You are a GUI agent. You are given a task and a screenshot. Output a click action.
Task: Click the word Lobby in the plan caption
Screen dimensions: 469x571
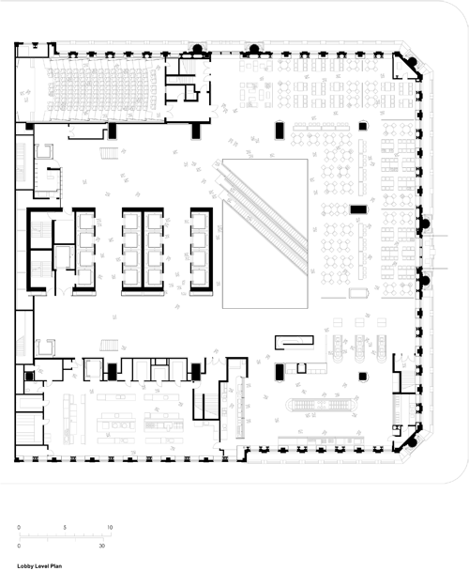tap(24, 566)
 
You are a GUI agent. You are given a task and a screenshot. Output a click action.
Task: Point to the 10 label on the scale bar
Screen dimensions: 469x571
tap(110, 527)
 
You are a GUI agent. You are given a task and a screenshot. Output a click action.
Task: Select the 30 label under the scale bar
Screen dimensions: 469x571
tap(102, 546)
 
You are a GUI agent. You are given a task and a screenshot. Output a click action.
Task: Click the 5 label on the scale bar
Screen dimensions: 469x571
tap(65, 527)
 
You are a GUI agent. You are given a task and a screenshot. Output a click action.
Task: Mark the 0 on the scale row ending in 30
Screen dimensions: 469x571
tap(19, 546)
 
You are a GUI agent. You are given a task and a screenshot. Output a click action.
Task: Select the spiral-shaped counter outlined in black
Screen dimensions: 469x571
tap(294, 343)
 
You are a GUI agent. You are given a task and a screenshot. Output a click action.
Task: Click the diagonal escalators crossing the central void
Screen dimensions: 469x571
tap(261, 217)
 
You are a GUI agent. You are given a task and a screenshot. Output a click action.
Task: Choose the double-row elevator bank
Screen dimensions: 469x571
tap(143, 250)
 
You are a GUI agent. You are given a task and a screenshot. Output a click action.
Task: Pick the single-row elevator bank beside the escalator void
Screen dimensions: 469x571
tap(202, 250)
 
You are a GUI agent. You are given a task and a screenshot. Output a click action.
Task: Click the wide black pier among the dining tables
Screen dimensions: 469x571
tap(358, 209)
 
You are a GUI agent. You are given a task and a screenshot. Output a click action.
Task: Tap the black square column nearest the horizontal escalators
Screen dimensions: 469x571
tap(362, 377)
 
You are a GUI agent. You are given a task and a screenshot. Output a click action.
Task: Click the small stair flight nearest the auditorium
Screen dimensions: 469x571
tap(109, 153)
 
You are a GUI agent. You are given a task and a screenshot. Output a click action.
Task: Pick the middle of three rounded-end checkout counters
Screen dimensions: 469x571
tap(359, 348)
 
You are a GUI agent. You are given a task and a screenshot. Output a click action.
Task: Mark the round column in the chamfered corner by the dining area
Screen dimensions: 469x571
tap(412, 61)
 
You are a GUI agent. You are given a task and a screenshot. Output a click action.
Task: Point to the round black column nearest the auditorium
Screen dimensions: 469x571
tap(197, 49)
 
